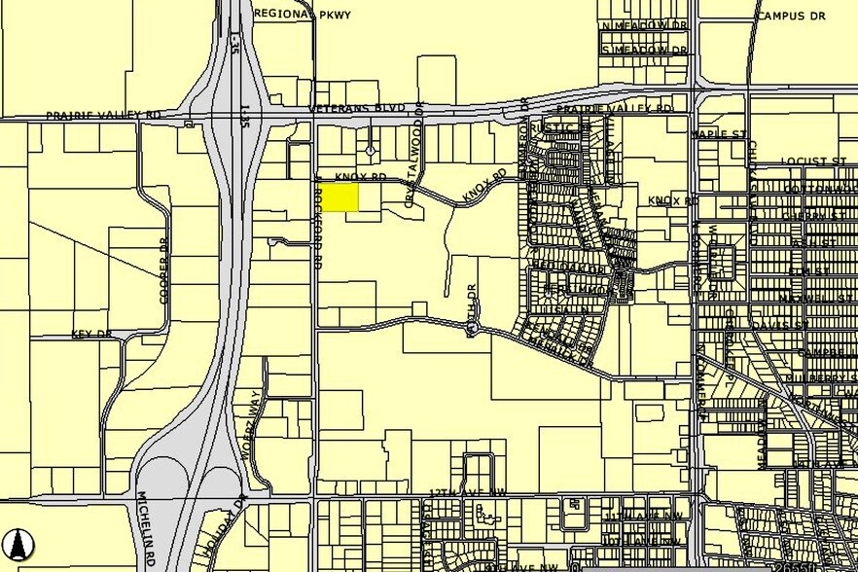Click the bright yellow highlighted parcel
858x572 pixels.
pyautogui.click(x=340, y=197)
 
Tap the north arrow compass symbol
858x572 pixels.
pyautogui.click(x=18, y=542)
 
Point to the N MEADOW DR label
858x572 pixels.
pyautogui.click(x=644, y=25)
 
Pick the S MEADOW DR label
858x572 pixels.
pyautogui.click(x=644, y=49)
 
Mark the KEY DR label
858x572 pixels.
pyautogui.click(x=92, y=334)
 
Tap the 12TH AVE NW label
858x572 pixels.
pyautogui.click(x=463, y=495)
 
